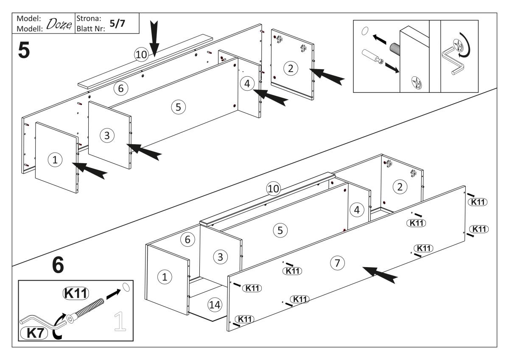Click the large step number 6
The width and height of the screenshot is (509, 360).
click(x=58, y=265)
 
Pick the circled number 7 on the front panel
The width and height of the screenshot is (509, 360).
click(x=337, y=263)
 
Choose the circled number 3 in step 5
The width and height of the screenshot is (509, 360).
click(x=107, y=136)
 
